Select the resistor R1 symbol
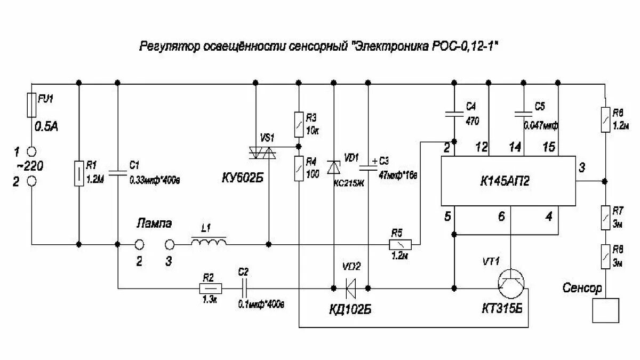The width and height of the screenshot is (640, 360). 79,172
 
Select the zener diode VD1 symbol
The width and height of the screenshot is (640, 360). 333,167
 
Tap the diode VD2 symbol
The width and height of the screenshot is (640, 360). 350,289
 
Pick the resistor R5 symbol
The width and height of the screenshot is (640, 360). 400,244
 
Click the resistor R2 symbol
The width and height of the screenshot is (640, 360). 209,289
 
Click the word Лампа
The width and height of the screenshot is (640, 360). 154,223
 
